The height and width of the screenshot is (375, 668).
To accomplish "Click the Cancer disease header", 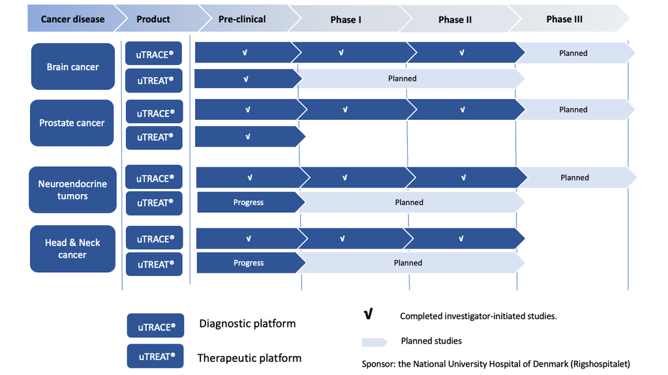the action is click(72, 19).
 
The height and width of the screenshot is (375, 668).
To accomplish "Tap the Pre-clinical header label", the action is click(242, 19).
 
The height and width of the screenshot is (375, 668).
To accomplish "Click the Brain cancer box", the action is click(73, 66).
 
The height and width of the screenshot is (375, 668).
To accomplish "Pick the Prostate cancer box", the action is click(72, 123).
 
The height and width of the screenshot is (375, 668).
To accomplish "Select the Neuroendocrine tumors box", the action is click(72, 189).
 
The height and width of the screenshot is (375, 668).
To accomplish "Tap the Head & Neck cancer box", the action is click(72, 249).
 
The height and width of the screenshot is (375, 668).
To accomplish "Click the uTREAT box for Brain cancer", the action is click(154, 80).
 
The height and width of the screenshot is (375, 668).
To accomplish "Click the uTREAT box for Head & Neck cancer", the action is click(154, 264).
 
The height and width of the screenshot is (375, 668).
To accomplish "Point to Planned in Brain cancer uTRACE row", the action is click(573, 53).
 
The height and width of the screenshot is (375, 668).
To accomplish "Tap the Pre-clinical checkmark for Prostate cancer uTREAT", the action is click(247, 137).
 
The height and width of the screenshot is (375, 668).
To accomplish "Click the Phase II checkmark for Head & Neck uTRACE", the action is click(461, 238).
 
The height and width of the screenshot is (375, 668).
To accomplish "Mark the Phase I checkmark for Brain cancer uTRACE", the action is click(341, 53).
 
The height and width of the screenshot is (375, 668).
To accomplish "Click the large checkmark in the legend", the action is click(369, 314).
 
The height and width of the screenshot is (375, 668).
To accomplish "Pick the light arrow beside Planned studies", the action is click(374, 342).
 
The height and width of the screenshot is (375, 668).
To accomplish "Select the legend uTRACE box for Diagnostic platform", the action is click(155, 326).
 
